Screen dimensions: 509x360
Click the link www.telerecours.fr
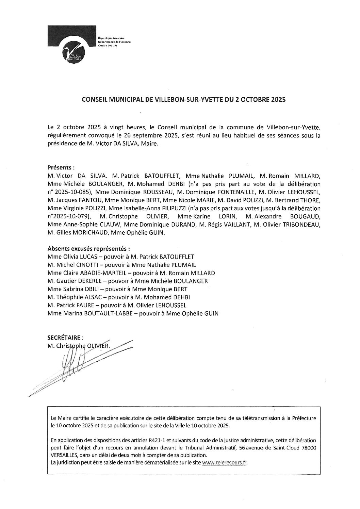click(x=224, y=463)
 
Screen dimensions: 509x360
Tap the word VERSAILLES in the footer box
click(x=64, y=455)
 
